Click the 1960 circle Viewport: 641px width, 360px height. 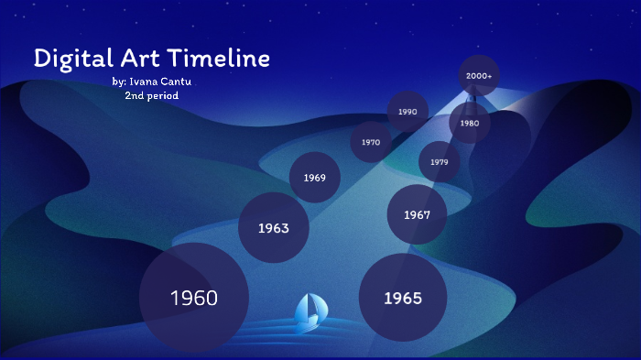click(x=193, y=298)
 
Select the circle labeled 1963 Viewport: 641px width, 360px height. click(x=273, y=227)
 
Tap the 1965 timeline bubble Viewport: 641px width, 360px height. click(x=402, y=298)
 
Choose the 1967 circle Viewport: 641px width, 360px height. click(x=417, y=215)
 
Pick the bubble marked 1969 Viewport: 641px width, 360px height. click(x=315, y=178)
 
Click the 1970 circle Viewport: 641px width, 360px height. click(x=371, y=142)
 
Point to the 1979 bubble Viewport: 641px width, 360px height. click(x=440, y=162)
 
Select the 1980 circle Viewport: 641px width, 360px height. click(x=469, y=123)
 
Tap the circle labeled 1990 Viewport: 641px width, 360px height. click(x=407, y=112)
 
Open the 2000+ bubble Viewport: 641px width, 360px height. click(x=479, y=76)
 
